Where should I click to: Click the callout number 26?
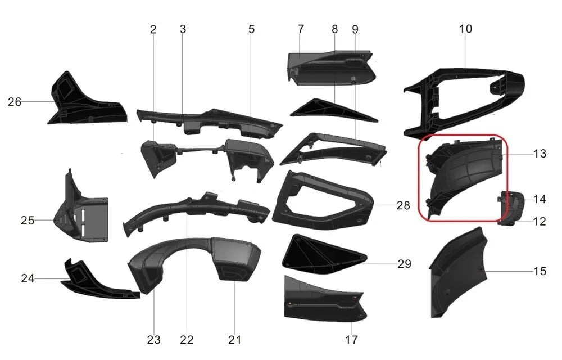(x=15, y=102)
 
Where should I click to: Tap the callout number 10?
(x=465, y=29)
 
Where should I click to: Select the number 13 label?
(x=540, y=154)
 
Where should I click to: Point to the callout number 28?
(x=403, y=205)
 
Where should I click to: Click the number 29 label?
(x=404, y=264)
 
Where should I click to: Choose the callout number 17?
(x=351, y=340)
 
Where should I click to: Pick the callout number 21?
(x=235, y=340)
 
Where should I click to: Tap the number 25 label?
(x=28, y=220)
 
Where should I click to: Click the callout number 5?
(x=251, y=29)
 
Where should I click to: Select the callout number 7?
(x=301, y=29)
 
